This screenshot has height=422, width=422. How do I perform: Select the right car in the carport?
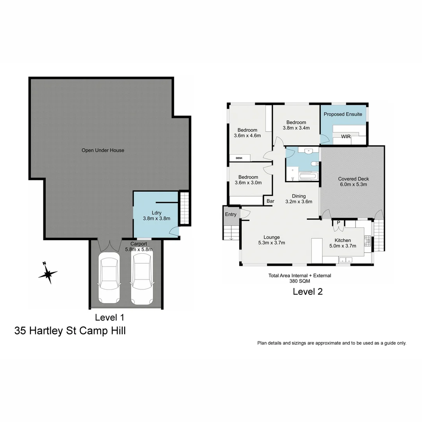pos(141,278)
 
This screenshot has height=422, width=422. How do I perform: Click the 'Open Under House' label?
pos(103,150)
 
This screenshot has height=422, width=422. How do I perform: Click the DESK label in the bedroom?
pos(239,158)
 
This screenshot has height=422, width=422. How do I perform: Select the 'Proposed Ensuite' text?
pos(343,114)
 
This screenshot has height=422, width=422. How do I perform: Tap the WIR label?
pos(345,137)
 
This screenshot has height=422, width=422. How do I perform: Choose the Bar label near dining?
pos(270,202)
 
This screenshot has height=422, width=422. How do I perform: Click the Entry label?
pos(231,215)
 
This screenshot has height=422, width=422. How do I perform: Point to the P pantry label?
pos(338,223)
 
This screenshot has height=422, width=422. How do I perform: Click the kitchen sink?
pos(345,259)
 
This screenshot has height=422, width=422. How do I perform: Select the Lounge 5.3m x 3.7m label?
pos(271,240)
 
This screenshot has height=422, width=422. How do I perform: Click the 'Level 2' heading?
pos(308,291)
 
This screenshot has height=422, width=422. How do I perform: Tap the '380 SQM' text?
pos(300,281)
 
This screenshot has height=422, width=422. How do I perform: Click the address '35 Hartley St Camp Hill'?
pos(70,331)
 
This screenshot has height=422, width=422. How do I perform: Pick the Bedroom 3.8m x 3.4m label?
pos(296,125)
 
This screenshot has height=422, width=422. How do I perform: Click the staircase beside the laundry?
pos(184,208)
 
